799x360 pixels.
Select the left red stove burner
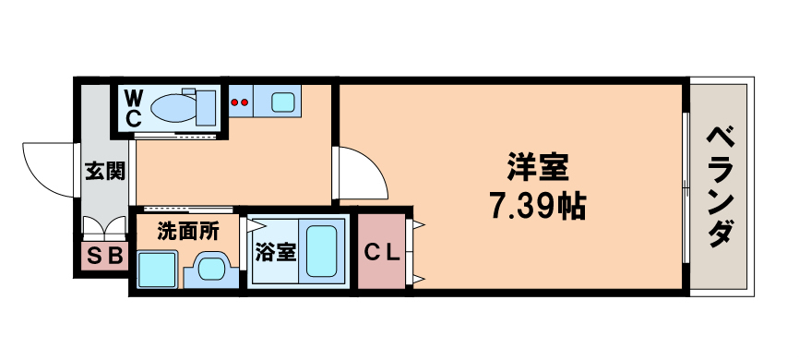pos(234,102)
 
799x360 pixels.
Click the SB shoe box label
pos(102,255)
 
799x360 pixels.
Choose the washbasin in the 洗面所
pos(211,268)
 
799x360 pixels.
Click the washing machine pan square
pos(158,269)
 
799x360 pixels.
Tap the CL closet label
pos(380,252)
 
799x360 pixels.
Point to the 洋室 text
pos(536,168)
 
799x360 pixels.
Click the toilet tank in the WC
pos(203,107)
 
